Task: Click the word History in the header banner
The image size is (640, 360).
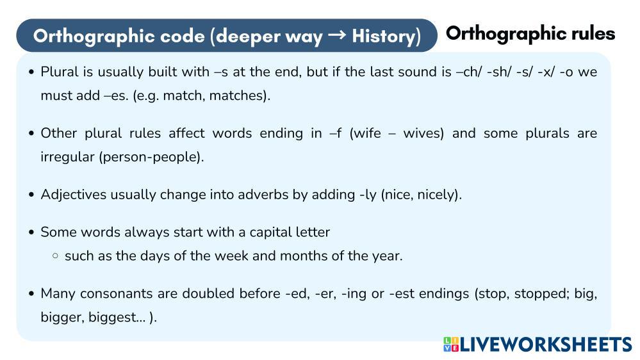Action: click(382, 36)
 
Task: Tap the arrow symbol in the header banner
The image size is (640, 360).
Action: click(333, 36)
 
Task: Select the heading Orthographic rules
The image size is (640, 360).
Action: click(530, 33)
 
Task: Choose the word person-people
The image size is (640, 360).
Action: click(151, 157)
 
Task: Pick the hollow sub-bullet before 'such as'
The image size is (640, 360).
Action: click(55, 256)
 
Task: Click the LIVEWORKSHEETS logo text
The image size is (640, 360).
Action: click(546, 345)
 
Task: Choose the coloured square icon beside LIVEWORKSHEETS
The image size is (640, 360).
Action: click(450, 345)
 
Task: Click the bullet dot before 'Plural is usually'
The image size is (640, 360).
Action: click(31, 72)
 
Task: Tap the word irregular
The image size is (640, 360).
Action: click(68, 157)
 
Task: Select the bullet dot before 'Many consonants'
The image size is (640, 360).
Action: click(31, 294)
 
